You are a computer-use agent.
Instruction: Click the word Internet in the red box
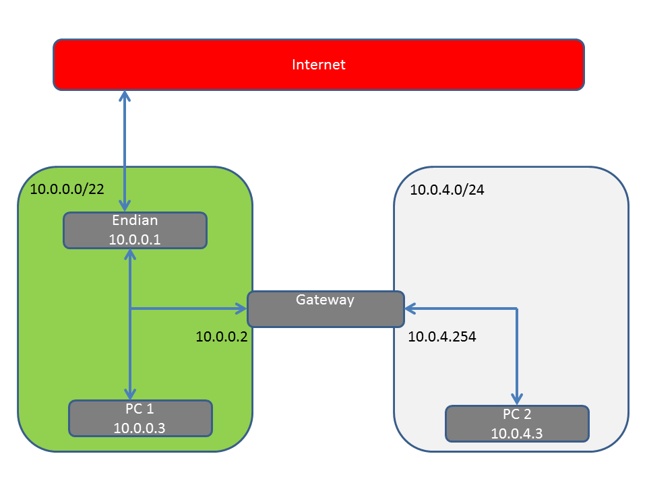(319, 65)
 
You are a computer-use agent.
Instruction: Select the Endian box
(135, 230)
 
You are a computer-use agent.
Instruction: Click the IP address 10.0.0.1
(135, 240)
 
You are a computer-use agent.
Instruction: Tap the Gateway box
(326, 309)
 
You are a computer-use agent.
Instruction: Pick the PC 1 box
(140, 418)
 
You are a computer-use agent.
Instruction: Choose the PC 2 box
(517, 424)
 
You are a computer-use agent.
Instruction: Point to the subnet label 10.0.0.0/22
(67, 189)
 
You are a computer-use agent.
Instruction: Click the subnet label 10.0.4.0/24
(447, 190)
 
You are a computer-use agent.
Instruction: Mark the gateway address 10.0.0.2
(222, 337)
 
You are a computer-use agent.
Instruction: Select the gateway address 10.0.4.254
(442, 337)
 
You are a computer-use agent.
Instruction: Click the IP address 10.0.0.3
(140, 428)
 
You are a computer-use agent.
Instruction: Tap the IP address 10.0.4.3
(517, 433)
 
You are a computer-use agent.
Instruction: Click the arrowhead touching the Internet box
(125, 96)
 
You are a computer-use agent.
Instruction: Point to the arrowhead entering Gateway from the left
(241, 309)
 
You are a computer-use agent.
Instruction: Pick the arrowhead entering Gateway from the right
(410, 309)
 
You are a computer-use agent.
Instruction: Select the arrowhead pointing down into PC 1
(130, 394)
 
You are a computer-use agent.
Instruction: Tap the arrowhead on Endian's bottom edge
(130, 255)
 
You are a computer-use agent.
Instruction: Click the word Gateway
(325, 300)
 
